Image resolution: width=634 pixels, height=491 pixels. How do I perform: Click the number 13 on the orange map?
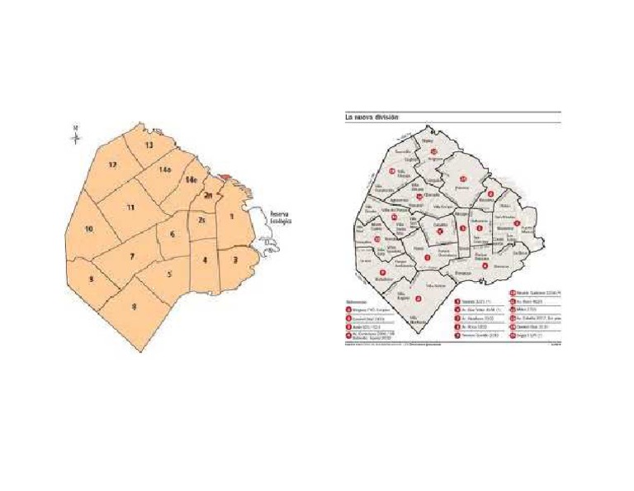pos(149,145)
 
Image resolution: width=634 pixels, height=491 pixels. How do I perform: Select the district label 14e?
pos(191,179)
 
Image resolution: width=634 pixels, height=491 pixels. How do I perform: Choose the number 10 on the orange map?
pos(89,229)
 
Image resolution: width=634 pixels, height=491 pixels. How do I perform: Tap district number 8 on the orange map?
pos(135,307)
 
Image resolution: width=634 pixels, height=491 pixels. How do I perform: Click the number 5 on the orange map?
pos(169,274)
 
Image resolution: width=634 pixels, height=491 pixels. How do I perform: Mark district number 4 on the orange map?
pos(205,260)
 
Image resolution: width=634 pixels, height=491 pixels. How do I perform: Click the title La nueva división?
pos(371,117)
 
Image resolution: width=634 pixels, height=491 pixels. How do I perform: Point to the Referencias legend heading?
pos(357,302)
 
